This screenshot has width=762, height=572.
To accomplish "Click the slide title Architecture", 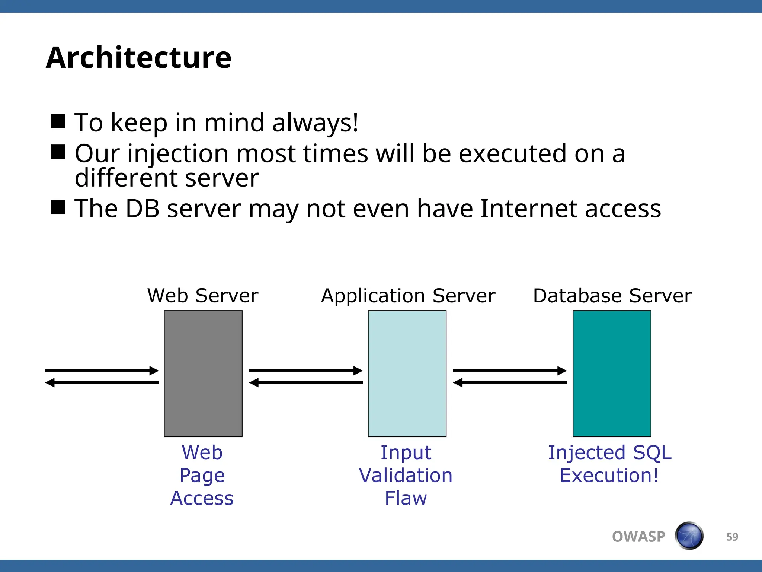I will [138, 58].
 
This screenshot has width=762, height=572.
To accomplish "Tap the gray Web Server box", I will [203, 374].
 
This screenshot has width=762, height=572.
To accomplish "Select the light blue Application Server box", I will [407, 374].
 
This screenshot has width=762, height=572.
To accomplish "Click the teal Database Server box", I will [612, 374].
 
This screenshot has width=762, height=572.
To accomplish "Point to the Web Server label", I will [203, 296].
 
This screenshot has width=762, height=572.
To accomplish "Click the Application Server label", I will [408, 296].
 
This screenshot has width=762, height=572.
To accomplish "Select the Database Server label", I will [612, 296].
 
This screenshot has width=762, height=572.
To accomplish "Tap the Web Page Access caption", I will [202, 475].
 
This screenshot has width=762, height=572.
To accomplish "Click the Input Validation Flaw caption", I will [406, 475].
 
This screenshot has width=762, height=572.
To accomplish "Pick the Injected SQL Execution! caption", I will [609, 464].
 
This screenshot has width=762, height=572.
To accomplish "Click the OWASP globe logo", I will [689, 536].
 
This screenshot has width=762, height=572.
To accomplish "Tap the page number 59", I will [732, 537].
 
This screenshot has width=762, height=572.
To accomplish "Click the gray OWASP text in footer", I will [638, 537].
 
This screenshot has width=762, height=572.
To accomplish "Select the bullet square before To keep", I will [58, 121].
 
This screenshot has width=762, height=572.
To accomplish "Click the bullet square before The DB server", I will [58, 207].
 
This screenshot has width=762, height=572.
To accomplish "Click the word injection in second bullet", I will [178, 154].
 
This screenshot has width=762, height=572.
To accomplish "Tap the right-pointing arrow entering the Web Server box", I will [102, 371].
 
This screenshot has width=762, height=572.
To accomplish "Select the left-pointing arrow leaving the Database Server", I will [510, 382].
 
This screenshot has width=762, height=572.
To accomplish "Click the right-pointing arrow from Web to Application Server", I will [305, 371].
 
